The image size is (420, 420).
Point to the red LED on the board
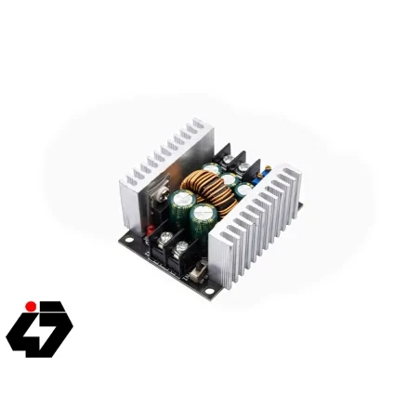(149, 228)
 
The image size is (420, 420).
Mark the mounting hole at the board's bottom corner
(210, 292)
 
